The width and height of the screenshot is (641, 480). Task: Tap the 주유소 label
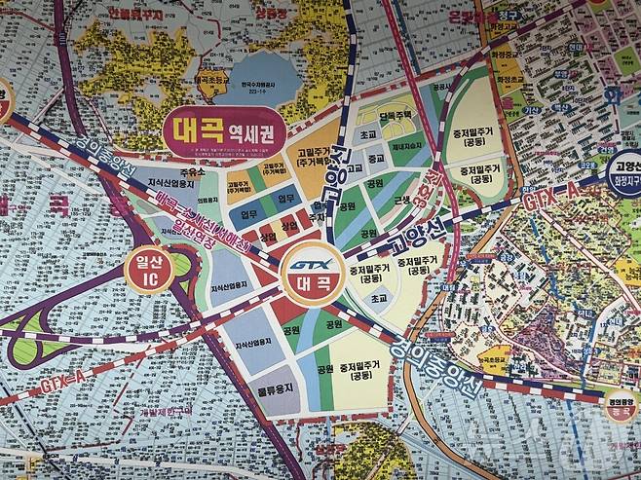193,171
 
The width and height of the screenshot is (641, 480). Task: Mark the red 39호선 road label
425,184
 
